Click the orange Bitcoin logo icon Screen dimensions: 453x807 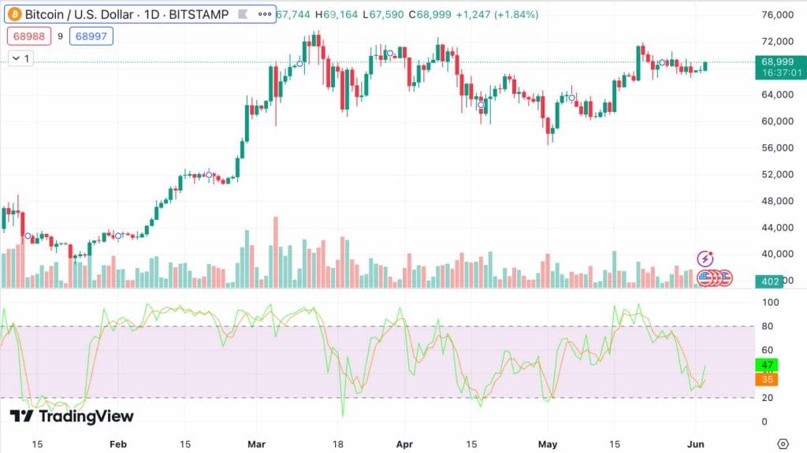(14, 14)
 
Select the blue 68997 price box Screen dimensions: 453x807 (91, 35)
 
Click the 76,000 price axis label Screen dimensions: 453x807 (776, 15)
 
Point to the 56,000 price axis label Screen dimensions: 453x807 (776, 147)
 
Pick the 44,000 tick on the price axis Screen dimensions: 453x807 (776, 228)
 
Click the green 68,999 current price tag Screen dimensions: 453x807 (776, 61)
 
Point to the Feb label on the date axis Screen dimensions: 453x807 (117, 444)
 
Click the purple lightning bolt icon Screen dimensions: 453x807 (706, 258)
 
